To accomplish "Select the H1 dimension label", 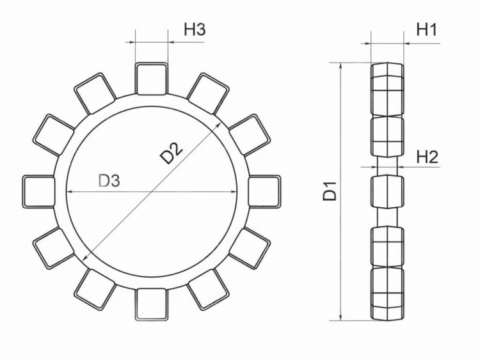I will [x=426, y=29].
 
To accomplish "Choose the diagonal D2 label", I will [x=171, y=154].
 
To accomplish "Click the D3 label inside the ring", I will [x=109, y=181].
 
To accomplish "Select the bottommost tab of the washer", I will [x=151, y=304].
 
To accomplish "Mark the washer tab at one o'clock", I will [x=207, y=93].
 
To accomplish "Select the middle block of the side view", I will [x=387, y=191].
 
